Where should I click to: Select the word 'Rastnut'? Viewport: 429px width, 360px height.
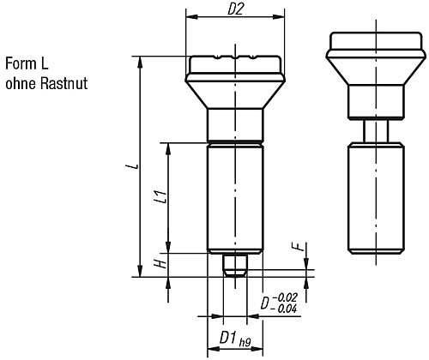click(63, 84)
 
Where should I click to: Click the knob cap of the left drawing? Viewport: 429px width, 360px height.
click(234, 65)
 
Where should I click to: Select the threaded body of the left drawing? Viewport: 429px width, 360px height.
click(234, 197)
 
